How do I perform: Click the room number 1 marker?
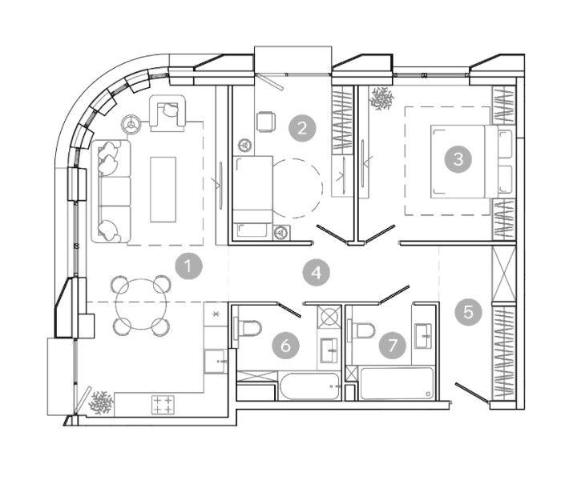pos(188,266)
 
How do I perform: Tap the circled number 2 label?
pos(302,128)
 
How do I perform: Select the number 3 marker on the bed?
pos(458,158)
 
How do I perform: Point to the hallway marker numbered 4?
pos(317,273)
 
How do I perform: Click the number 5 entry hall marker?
pos(469,312)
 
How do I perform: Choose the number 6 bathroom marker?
pos(286,346)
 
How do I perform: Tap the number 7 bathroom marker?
pos(393,346)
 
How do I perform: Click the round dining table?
pos(141,303)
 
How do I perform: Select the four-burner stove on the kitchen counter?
pos(163,405)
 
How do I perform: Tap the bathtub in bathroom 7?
pos(397,384)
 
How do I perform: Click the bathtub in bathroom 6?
pos(310,387)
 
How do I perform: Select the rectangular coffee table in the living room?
pos(163,190)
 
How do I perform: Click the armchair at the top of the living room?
pos(167,113)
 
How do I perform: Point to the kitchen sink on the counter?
pos(216,361)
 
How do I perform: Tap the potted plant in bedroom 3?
pos(381,98)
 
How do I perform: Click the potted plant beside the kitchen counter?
pos(101,402)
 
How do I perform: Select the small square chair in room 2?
pos(265,122)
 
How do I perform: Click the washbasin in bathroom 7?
pos(423,336)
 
